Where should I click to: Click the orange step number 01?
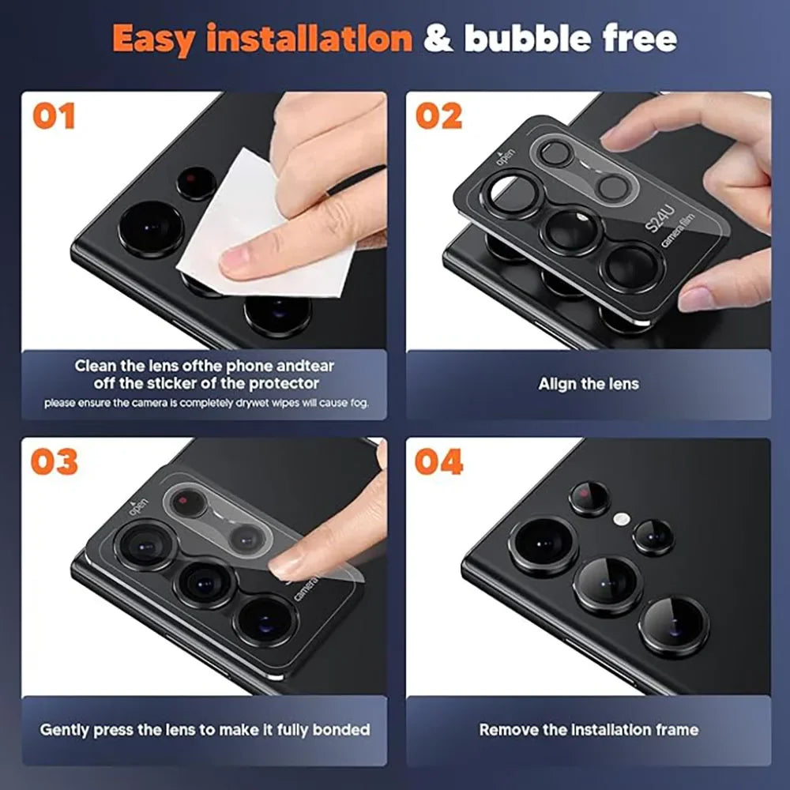click(x=54, y=115)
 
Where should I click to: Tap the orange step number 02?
click(x=438, y=115)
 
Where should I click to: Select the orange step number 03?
click(x=55, y=461)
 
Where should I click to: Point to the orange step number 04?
click(x=438, y=461)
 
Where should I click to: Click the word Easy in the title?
click(x=155, y=39)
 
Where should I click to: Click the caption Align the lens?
click(x=589, y=384)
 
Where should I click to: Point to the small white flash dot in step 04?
click(x=623, y=519)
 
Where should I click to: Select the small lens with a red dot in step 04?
click(x=589, y=498)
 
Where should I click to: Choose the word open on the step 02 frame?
click(x=504, y=156)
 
